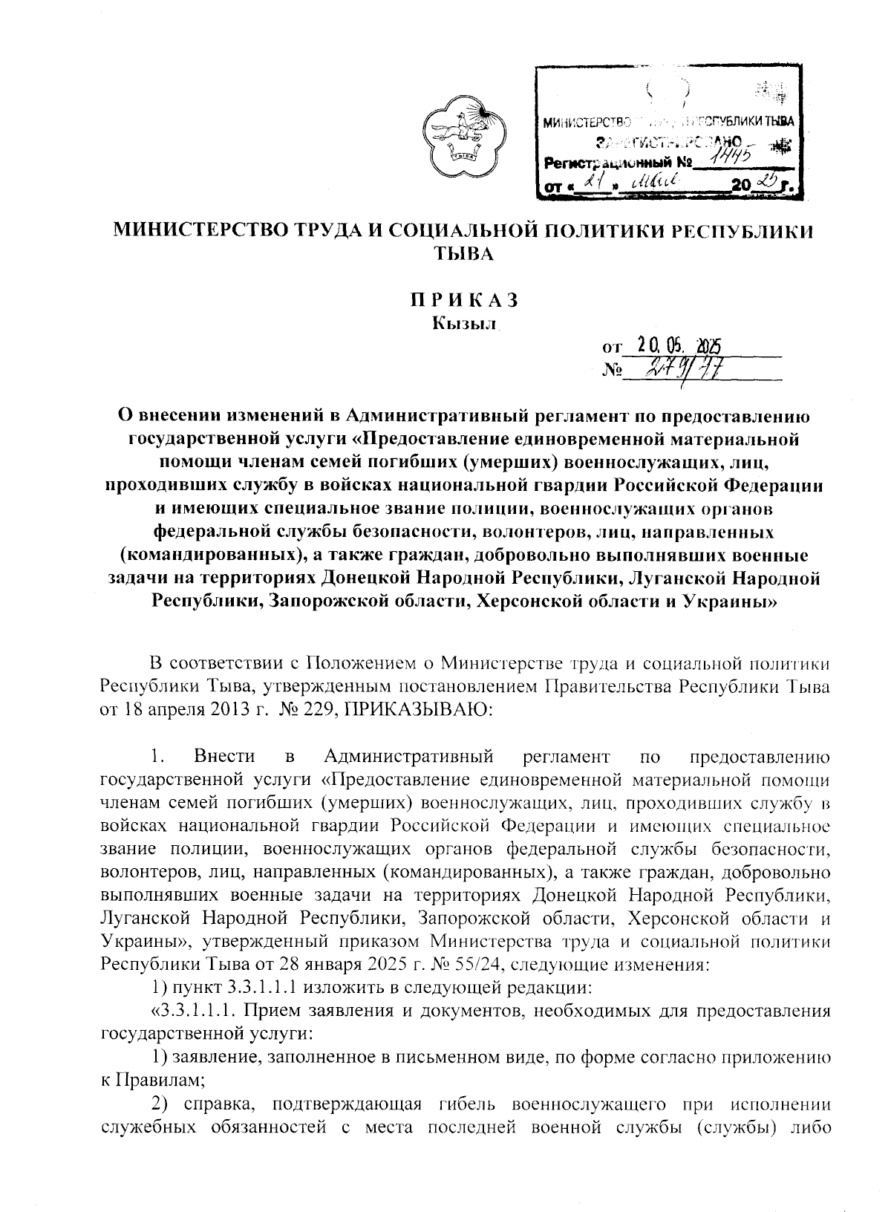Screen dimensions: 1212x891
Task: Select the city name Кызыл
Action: point(463,323)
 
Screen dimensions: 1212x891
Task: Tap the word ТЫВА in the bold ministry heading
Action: point(463,254)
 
